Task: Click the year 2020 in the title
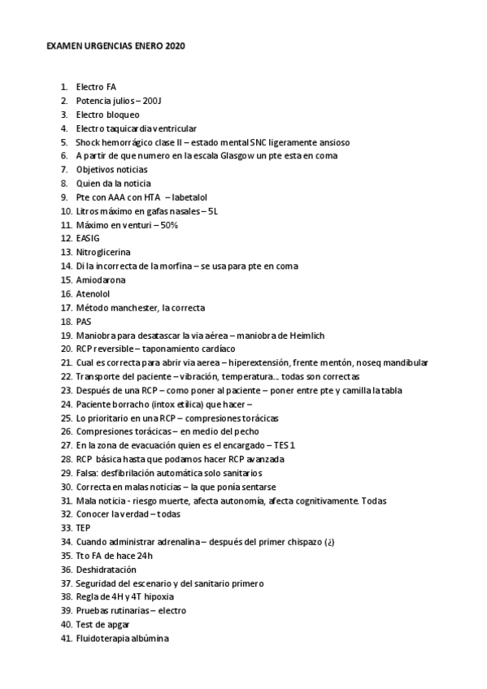pyautogui.click(x=175, y=47)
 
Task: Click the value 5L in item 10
pyautogui.click(x=214, y=210)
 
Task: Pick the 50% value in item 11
pyautogui.click(x=169, y=224)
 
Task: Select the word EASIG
pyautogui.click(x=88, y=238)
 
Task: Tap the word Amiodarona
pyautogui.click(x=100, y=279)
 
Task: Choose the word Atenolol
pyautogui.click(x=93, y=293)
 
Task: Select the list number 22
pyautogui.click(x=66, y=376)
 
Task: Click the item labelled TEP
pyautogui.click(x=83, y=528)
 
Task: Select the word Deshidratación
pyautogui.click(x=106, y=570)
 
